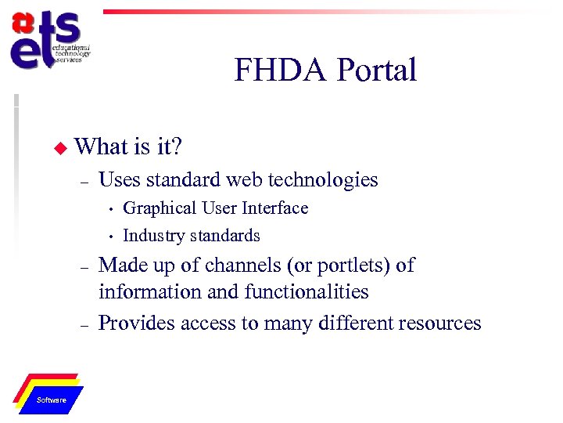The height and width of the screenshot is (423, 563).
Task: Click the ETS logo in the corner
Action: click(x=47, y=42)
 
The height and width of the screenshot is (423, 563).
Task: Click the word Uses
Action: click(x=119, y=180)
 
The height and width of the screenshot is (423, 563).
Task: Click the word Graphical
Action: click(x=160, y=208)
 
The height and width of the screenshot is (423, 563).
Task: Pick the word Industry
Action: click(x=152, y=236)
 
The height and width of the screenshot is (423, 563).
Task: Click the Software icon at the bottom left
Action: click(x=52, y=395)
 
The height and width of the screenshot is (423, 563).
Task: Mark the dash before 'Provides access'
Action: click(x=83, y=324)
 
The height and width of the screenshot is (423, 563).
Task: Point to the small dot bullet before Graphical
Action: click(x=111, y=209)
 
